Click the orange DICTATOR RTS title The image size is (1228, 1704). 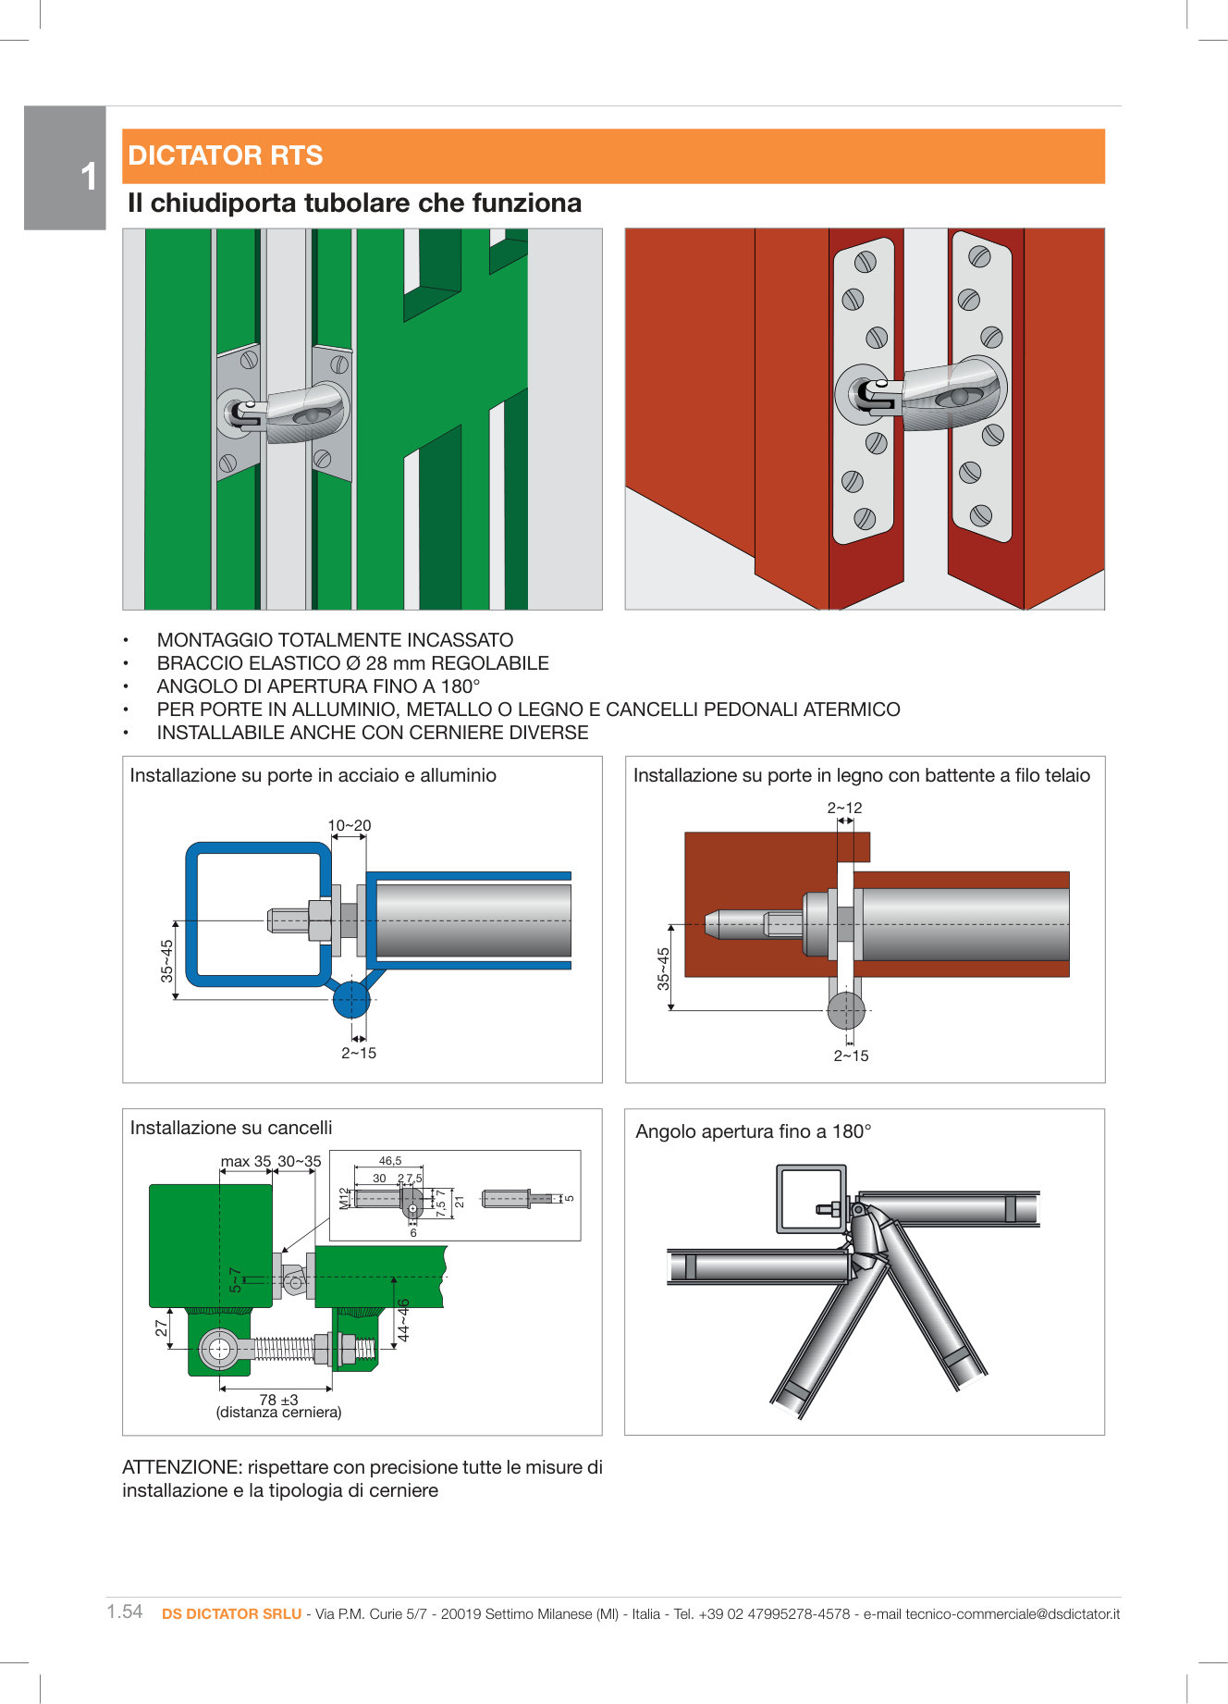pos(226,155)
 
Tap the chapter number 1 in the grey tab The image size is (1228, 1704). pos(88,177)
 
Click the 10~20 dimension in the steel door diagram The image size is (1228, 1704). pos(350,825)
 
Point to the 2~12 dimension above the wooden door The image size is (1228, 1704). pos(844,808)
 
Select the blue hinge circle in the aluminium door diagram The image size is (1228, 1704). pos(351,999)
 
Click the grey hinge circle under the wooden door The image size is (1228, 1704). pos(845,1010)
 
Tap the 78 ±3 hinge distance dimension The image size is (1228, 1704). pos(278,1400)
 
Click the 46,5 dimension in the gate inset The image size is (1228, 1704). pos(390,1161)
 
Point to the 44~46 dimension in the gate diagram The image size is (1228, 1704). pos(404,1320)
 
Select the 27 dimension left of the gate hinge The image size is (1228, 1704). pos(162,1327)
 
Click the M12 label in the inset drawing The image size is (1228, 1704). pos(344,1198)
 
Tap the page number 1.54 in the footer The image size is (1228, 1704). pos(125,1611)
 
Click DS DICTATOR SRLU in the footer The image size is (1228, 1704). pos(231,1613)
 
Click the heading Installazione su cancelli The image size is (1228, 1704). pos(231,1128)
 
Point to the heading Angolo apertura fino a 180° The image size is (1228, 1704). pos(753,1131)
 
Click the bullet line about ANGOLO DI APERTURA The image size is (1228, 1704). pos(318,686)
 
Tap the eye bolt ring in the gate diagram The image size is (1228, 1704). pos(220,1349)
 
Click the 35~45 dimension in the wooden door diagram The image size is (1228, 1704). pos(663,969)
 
